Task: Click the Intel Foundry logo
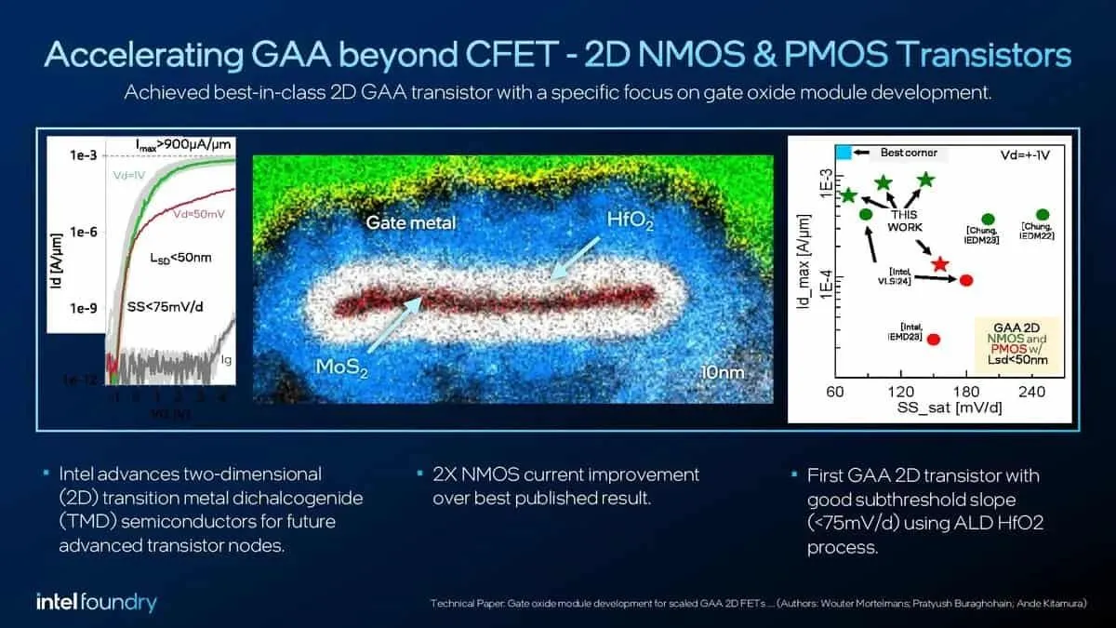click(97, 602)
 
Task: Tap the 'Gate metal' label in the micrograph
click(411, 223)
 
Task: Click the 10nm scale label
click(723, 372)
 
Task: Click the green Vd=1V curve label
click(117, 175)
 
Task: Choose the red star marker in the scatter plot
click(940, 265)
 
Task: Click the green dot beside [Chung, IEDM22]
click(1043, 215)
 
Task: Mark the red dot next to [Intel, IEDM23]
click(934, 339)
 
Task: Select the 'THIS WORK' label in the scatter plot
click(904, 220)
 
